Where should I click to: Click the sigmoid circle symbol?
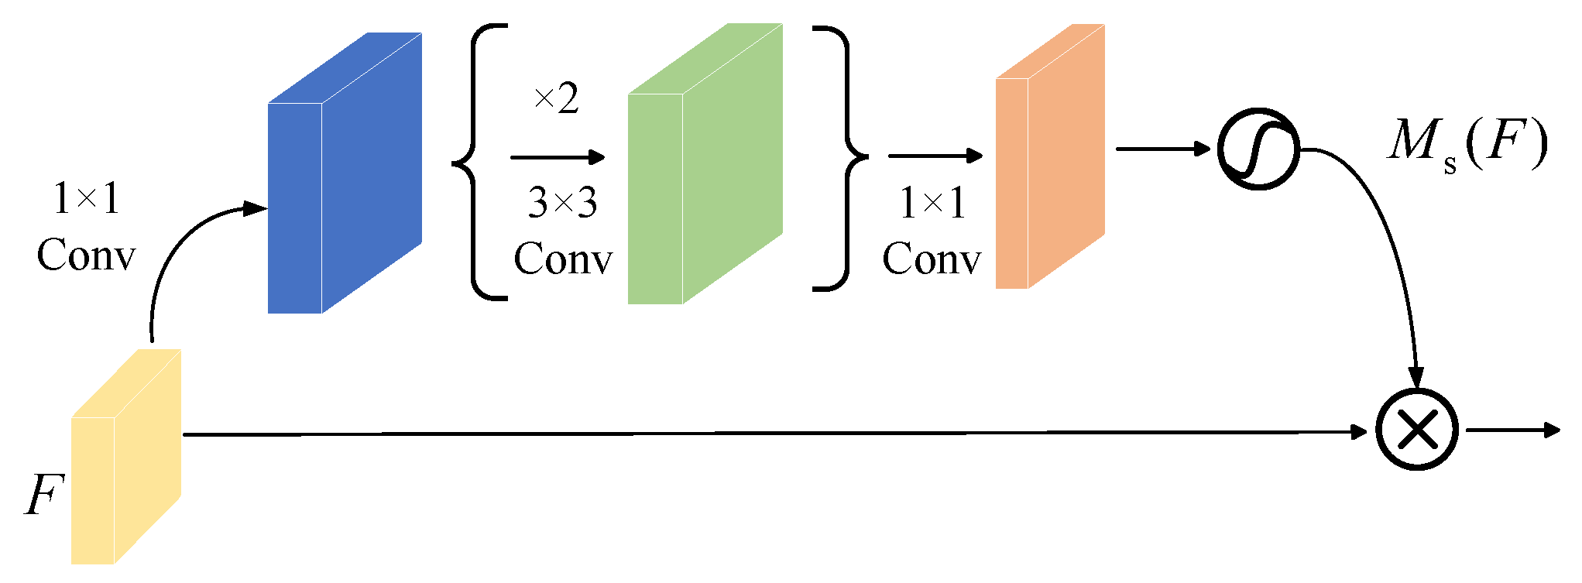(1258, 149)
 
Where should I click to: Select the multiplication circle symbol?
(1416, 430)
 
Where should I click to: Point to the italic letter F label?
(43, 494)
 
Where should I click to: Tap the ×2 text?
(557, 99)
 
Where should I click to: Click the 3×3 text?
(562, 203)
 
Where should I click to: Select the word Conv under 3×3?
(562, 259)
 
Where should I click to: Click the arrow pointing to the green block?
(558, 157)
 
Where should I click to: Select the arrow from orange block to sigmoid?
(1162, 148)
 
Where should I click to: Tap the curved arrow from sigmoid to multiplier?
(1386, 248)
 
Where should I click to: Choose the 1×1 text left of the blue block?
(86, 199)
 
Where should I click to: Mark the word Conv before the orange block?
(931, 259)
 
